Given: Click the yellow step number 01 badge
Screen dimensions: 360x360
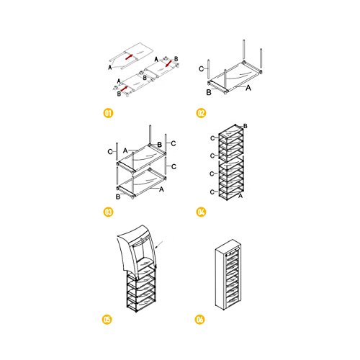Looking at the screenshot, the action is coord(108,113).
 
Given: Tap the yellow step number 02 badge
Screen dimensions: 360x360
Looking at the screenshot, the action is coord(201,113).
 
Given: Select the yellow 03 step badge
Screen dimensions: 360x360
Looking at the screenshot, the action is coord(108,212).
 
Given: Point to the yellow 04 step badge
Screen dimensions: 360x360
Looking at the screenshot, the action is coord(201,212).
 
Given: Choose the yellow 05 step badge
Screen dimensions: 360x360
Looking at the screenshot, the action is coord(107,320).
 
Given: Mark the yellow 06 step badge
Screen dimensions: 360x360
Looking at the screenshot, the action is coord(199,320).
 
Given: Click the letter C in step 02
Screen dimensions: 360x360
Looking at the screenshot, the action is coord(202,69).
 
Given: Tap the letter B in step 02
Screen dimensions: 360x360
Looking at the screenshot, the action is coord(209,92).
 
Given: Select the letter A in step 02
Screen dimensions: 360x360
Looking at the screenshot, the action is coord(248,88).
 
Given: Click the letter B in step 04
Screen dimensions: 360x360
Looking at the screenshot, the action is coord(246,126).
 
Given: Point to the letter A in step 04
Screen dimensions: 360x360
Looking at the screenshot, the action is coord(240,196).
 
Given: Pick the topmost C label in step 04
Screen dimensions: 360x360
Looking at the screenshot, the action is coord(212,138).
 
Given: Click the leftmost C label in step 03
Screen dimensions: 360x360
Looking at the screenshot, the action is coord(110,152).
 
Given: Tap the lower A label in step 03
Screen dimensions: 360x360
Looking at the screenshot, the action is coord(161,189).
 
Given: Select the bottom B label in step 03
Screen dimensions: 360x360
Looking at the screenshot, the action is coord(118,197).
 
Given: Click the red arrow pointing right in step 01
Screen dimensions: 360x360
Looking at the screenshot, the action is coord(129,57).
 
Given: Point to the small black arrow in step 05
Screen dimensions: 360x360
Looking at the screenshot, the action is coord(159,244).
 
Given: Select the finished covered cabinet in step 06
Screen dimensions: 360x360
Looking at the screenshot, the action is coord(227,274).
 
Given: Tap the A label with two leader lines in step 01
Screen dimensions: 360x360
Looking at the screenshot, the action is coord(110,68).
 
